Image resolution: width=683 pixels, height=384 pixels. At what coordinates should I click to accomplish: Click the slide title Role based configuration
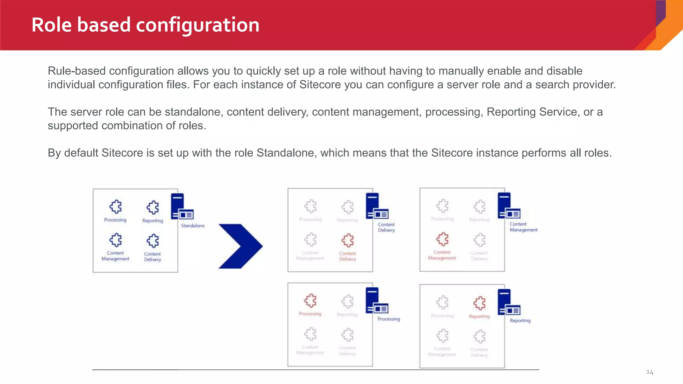[x=145, y=25]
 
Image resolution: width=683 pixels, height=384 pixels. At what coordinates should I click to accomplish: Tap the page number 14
[x=650, y=372]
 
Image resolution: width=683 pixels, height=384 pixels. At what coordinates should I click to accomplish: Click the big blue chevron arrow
[x=240, y=246]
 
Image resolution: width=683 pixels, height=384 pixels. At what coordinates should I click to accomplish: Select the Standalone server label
[x=193, y=226]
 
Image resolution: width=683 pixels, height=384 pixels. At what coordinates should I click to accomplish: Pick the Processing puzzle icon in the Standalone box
[x=115, y=207]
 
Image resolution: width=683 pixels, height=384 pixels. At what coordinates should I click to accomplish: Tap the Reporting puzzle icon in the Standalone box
[x=153, y=207]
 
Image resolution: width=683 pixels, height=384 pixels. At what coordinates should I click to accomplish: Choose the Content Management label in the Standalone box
[x=115, y=256]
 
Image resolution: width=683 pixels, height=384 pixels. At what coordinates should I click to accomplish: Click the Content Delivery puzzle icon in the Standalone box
[x=153, y=241]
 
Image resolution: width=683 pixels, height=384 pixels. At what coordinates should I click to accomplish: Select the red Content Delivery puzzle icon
[x=348, y=240]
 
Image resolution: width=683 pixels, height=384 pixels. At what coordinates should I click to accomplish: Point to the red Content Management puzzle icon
[x=442, y=239]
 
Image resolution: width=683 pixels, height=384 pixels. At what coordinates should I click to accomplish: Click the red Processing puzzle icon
[x=310, y=301]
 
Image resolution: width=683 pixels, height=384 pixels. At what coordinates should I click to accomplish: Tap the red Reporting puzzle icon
[x=479, y=303]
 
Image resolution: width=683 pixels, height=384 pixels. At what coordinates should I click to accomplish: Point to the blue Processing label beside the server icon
[x=389, y=319]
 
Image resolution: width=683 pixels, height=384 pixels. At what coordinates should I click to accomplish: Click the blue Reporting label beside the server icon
[x=520, y=321]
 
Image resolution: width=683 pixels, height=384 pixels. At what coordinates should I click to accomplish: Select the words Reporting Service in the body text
[x=532, y=112]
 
